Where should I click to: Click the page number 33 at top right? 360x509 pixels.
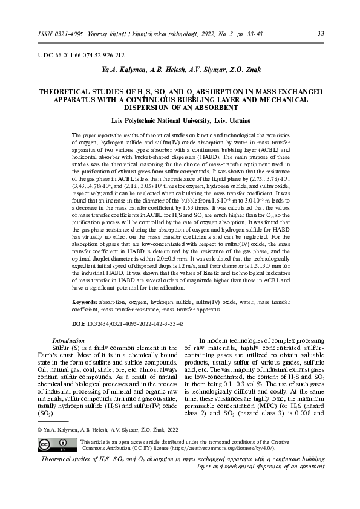click(x=321, y=33)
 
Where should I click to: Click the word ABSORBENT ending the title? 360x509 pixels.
click(x=214, y=107)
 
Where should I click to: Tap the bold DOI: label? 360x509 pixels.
click(x=79, y=324)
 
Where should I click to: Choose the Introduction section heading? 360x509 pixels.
click(x=68, y=341)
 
